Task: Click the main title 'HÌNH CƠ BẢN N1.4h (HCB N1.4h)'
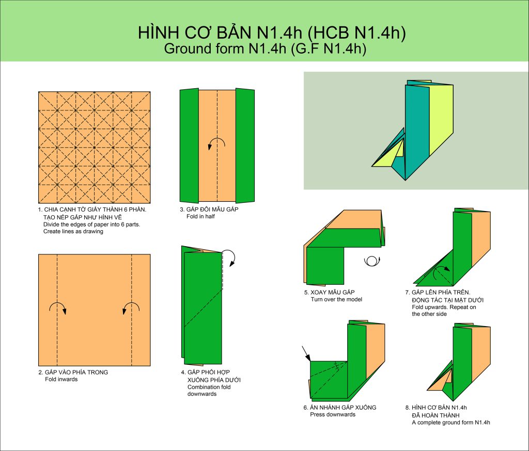point(272,33)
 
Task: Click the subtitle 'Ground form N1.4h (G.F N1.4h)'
point(265,49)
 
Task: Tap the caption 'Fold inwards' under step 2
point(61,380)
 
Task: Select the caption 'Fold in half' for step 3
point(200,216)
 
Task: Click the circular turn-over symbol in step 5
point(372,261)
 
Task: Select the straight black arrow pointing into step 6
point(306,353)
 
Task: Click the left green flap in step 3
point(189,146)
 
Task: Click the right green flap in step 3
point(245,146)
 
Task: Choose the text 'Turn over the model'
point(336,300)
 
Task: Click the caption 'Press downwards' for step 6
point(333,414)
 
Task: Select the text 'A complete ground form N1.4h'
point(450,423)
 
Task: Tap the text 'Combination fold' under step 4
point(209,388)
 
